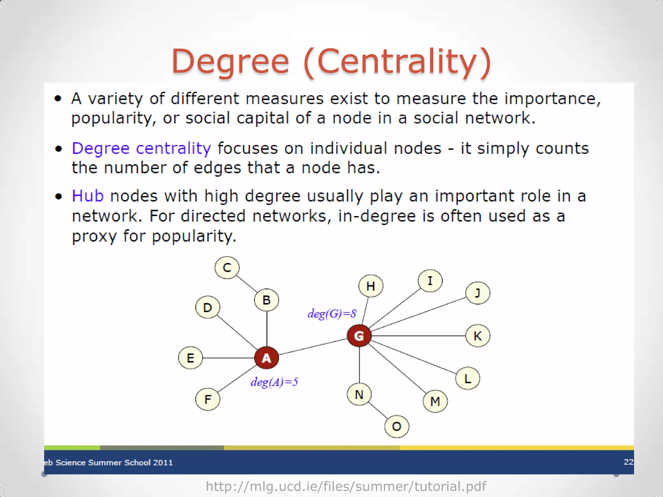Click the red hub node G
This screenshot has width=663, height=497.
[359, 336]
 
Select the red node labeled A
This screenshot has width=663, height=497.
[266, 358]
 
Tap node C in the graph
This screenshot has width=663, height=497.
[227, 268]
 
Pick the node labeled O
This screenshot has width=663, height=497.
[397, 426]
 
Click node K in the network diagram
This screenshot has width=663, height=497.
[478, 336]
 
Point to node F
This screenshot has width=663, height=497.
[208, 399]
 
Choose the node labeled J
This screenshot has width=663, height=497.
[478, 293]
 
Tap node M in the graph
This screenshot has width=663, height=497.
[435, 401]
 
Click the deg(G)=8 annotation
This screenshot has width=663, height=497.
[332, 314]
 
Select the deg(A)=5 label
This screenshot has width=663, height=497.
[274, 382]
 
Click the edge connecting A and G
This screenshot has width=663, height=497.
[312, 347]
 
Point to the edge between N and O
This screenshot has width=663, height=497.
[378, 411]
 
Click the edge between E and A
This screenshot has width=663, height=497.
[228, 358]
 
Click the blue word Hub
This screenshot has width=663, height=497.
[88, 196]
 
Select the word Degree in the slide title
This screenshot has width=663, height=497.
[230, 61]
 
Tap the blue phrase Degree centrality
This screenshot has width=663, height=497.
[141, 149]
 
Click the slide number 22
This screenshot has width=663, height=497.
[628, 462]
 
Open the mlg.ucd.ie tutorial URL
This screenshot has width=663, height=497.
[346, 486]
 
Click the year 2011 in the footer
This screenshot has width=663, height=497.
[163, 462]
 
